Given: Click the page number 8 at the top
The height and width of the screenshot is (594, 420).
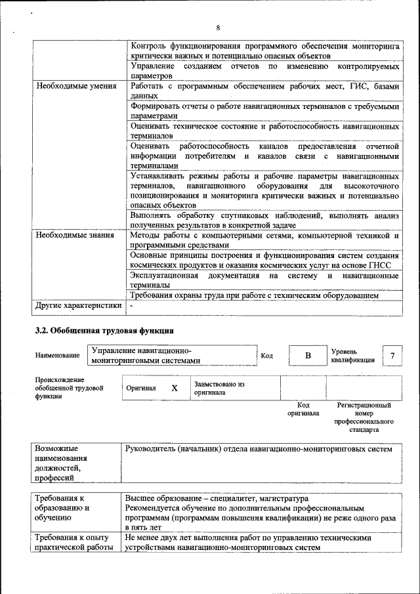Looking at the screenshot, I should click(217, 27).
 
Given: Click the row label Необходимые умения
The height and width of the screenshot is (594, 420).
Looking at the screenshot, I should click(76, 86).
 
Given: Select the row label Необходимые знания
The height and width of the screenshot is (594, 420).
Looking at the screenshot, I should click(75, 235).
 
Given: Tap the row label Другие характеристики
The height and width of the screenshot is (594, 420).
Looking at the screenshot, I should click(78, 305).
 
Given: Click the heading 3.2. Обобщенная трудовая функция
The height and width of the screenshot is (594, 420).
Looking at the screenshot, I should click(104, 330).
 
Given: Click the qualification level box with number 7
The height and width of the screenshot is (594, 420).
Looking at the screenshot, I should click(392, 355).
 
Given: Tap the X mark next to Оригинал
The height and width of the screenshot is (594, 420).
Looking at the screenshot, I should click(175, 388).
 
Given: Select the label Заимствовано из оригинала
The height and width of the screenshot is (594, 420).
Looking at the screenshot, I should click(219, 388).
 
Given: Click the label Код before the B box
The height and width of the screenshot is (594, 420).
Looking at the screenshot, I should click(266, 355).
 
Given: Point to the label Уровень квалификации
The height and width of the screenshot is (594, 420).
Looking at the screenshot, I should click(352, 355).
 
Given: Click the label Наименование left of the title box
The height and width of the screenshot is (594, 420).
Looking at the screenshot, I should click(58, 355).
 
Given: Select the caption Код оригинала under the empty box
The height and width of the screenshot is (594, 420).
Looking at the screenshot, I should click(303, 410).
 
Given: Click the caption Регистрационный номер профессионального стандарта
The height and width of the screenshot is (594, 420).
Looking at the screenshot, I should click(364, 417).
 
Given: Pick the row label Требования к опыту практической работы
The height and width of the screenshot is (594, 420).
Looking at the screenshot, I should click(70, 542).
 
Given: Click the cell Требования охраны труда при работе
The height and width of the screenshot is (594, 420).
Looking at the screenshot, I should click(255, 295).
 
